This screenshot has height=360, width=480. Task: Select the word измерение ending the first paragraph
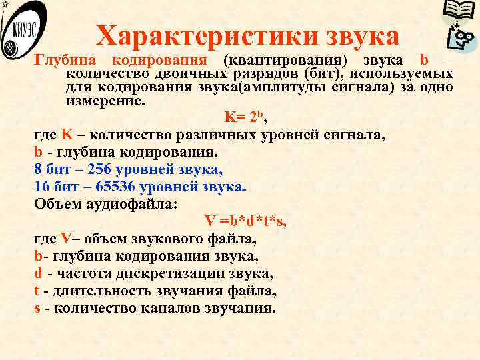coord(103,101)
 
